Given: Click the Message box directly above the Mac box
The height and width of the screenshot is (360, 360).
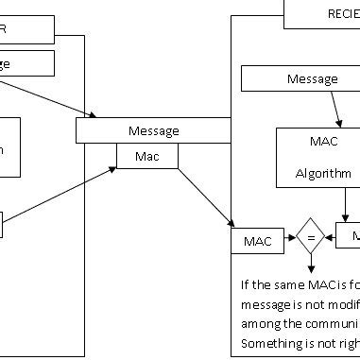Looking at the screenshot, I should click(x=153, y=130).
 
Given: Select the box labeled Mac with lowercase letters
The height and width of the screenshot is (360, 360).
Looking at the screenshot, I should click(x=146, y=155).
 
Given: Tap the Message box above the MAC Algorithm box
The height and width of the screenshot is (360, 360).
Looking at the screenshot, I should click(x=311, y=79).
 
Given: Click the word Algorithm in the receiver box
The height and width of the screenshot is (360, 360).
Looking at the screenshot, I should click(x=316, y=174).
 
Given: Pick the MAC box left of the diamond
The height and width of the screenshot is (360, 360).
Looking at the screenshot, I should click(x=257, y=241).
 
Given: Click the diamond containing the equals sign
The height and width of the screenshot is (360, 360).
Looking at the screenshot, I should click(x=310, y=241).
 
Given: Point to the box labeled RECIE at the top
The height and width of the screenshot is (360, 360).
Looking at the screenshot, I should click(x=321, y=13).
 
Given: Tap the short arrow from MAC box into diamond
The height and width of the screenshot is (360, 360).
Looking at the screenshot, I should click(x=289, y=241).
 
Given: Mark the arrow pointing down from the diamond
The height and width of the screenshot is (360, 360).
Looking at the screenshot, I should click(x=310, y=266).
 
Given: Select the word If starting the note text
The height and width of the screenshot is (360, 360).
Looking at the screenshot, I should click(x=246, y=283).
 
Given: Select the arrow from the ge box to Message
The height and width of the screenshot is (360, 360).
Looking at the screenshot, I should click(x=47, y=98).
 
